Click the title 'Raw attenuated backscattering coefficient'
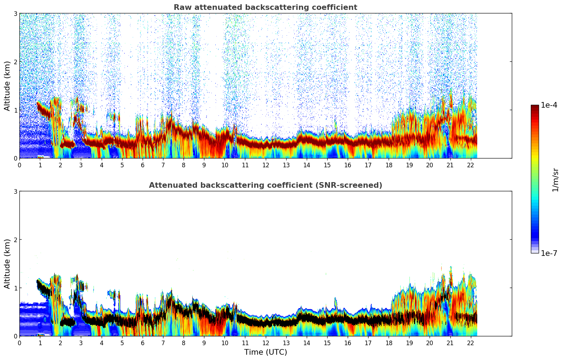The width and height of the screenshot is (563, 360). coord(265,7)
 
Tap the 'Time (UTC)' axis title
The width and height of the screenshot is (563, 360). coord(265,352)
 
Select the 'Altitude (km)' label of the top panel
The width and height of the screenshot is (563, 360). coord(7,86)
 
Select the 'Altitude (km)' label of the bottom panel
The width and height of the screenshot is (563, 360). coord(7,264)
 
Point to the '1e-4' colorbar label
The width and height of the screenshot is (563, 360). coord(549,105)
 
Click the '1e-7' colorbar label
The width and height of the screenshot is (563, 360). coord(549,253)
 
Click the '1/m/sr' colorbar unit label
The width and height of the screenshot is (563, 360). coord(555,179)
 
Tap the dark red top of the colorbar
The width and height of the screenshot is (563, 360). coord(535,107)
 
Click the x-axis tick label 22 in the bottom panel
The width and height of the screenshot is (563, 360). coord(471,343)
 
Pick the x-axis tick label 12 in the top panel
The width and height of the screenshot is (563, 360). coord(265,165)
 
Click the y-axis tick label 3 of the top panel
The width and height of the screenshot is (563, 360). coord(15,14)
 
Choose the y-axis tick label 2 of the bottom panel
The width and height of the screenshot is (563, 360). coord(15,240)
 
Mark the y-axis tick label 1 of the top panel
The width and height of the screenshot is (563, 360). coord(15,110)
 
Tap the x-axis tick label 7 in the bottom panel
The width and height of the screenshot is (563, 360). coord(163,343)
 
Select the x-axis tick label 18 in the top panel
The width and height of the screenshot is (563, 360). coord(389,165)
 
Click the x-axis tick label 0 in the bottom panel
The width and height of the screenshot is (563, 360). coord(19,343)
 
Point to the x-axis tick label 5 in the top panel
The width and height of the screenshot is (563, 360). coord(122,165)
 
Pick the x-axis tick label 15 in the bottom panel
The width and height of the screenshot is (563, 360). coord(327,343)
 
